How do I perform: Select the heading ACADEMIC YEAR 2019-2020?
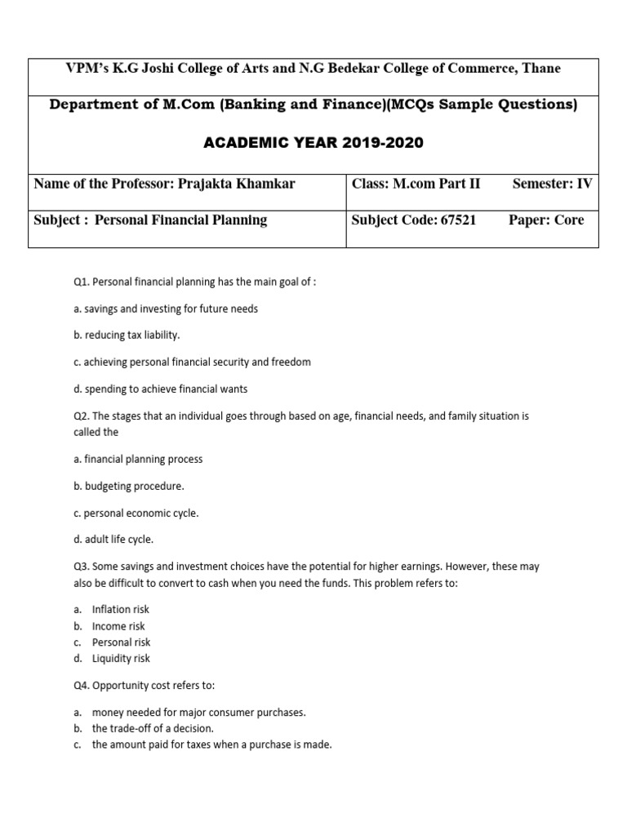tap(313, 143)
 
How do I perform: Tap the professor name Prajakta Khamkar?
tap(235, 183)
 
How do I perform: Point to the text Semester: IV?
tap(552, 183)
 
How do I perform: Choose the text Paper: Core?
tap(546, 220)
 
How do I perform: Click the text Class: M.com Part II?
tap(416, 183)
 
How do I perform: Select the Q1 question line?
tap(194, 282)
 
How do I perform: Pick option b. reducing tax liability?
tap(127, 335)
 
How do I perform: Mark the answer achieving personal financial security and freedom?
tap(192, 362)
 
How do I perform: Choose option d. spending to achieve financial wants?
tap(160, 389)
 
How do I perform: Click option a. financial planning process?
tap(138, 459)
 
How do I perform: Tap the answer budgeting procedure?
tap(129, 486)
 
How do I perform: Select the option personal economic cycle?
tap(136, 513)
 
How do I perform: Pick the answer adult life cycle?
tap(113, 539)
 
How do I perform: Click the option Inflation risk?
tap(121, 609)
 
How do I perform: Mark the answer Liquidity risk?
tap(121, 658)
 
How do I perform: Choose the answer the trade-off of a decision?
tap(153, 728)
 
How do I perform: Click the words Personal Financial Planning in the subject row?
tap(181, 220)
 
